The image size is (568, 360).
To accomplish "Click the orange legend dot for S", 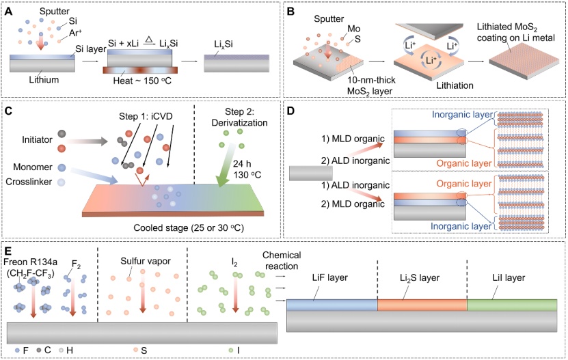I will click(137, 350).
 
